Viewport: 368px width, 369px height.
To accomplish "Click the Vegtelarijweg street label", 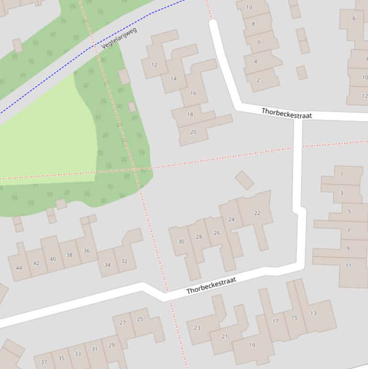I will point(119,38).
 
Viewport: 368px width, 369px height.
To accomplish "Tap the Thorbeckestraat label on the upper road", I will point(286,113).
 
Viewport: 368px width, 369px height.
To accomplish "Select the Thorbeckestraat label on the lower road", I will point(211,285).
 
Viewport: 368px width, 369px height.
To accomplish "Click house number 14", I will point(173,79).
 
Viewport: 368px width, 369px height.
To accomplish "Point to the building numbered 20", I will point(193,132).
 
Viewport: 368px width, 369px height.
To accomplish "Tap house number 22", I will point(257,213).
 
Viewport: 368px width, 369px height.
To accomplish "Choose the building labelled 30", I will point(181,242).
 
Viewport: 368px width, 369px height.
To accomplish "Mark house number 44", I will point(19,268).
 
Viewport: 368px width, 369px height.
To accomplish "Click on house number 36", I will point(87,251).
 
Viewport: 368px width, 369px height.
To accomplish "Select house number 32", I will point(124,261).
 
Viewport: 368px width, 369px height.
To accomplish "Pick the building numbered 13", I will point(313,313).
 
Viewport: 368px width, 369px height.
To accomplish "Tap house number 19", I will point(252,345).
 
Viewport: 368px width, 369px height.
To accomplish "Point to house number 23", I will point(197,328).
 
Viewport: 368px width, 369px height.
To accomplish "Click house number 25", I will point(140,319).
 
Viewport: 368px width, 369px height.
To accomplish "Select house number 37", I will point(44,362).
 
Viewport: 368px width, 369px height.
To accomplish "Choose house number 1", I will point(341,174).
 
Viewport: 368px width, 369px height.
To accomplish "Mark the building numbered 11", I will point(348,265).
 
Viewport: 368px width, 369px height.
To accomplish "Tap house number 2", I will point(258,80).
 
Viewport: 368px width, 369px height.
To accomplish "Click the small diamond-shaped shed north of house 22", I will point(245,180).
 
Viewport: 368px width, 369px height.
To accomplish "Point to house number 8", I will point(253,23).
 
